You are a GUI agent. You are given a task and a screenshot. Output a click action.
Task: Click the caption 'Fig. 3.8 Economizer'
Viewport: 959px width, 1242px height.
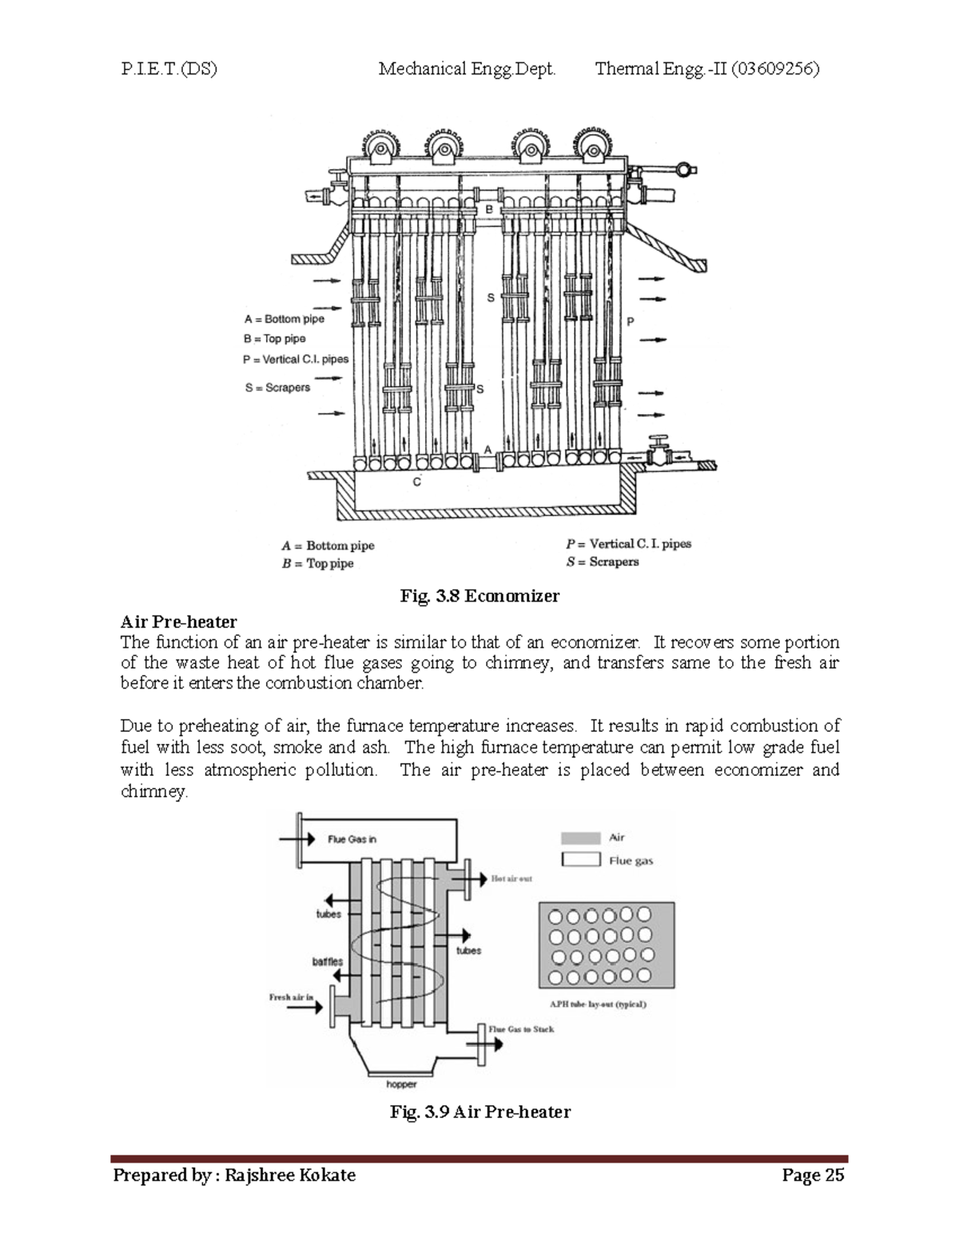pos(479,596)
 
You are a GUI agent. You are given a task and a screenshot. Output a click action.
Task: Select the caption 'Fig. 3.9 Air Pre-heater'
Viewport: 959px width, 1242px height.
pos(479,1112)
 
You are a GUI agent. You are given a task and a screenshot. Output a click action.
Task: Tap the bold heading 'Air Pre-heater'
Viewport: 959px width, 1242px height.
pos(178,621)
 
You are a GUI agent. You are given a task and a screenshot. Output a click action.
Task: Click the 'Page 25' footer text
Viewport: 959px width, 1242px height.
pos(813,1175)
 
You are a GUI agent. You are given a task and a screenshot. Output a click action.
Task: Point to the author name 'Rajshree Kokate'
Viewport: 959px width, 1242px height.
pos(290,1175)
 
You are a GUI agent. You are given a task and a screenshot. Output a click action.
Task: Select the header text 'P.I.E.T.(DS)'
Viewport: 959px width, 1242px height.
pos(169,69)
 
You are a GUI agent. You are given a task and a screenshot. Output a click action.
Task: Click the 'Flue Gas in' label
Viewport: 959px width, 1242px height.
pos(352,839)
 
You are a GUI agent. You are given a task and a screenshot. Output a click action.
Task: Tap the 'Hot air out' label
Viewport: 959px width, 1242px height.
pos(511,878)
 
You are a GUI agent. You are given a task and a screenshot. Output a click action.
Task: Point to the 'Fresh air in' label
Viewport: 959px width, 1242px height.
pos(291,997)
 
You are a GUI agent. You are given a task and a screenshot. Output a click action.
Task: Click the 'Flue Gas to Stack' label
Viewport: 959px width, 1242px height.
pos(521,1029)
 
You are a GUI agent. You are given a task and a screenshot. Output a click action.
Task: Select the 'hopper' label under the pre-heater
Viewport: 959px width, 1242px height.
pos(401,1084)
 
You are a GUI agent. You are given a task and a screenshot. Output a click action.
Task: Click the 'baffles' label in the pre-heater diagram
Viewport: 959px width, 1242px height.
pos(327,961)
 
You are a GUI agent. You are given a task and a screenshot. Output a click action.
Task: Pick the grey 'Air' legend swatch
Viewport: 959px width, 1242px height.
pos(580,838)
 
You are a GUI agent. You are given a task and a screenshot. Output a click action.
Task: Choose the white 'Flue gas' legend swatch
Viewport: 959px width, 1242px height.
pos(580,860)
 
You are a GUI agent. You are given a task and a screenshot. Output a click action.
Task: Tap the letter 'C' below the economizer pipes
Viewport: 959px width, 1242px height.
pos(416,482)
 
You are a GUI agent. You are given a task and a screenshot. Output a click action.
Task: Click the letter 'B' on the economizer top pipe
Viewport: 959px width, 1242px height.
pos(489,209)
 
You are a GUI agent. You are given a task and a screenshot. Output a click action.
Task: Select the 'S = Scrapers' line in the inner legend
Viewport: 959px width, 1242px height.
pos(277,388)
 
